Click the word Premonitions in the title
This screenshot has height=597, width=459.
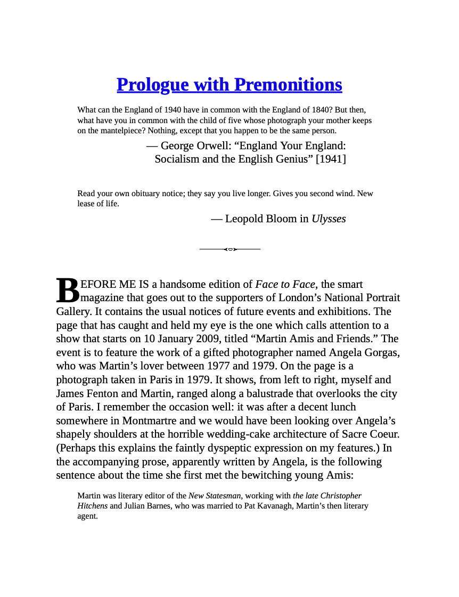point(288,85)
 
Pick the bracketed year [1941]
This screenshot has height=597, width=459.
point(331,159)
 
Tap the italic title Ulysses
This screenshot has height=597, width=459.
point(329,219)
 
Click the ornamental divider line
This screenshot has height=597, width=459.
point(229,249)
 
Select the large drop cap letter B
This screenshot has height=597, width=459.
point(67,291)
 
